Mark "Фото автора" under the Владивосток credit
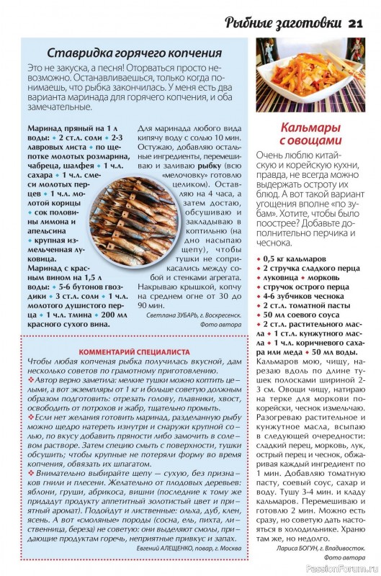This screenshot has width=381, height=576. pyautogui.click(x=344, y=557)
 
